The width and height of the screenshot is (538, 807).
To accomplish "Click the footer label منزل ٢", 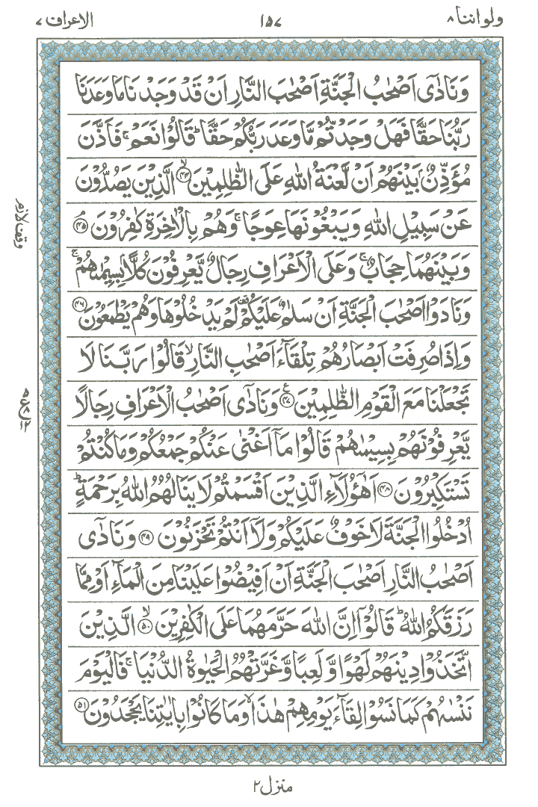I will pyautogui.click(x=267, y=785).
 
